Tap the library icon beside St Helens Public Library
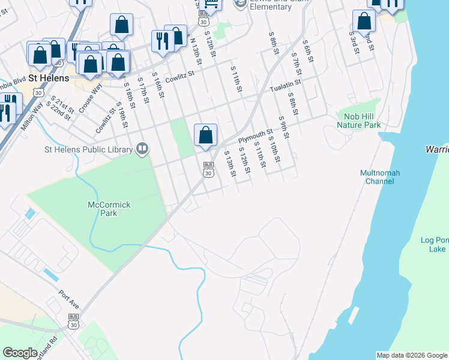coord(142,148)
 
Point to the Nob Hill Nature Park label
coord(359,121)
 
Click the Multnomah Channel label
coord(380,177)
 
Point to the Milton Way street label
coord(31,115)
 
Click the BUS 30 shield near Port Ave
coord(73,320)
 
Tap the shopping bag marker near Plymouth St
coord(205,135)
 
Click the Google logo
coord(20,353)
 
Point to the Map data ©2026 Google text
coord(411,355)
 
